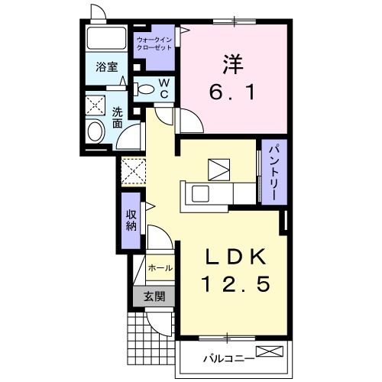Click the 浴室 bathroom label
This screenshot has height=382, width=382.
107,67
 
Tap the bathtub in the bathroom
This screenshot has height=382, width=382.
106,38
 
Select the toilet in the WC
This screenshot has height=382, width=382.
144,89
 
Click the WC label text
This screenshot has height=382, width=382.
164,89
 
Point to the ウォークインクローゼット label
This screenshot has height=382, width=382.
154,44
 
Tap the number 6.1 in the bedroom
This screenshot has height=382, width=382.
232,92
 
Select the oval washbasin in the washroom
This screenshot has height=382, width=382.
95,131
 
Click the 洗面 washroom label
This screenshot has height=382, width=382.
118,118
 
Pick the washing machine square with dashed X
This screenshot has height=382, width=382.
95,105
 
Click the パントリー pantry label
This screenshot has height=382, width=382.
274,173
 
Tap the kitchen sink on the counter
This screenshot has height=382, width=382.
200,193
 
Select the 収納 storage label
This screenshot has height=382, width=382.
131,221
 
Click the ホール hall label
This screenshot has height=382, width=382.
160,267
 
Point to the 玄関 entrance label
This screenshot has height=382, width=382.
154,296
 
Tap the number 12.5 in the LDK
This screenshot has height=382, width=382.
235,284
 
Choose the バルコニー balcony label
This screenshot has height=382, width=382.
228,359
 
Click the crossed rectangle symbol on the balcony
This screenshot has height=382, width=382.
270,351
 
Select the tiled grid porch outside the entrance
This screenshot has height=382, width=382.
151,338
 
